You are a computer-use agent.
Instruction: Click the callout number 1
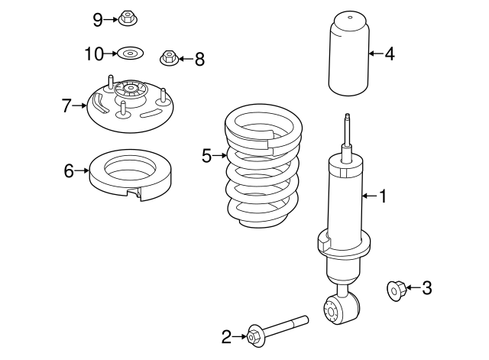point(383,196)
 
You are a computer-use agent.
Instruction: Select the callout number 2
point(226,335)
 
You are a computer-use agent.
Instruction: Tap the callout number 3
point(426,287)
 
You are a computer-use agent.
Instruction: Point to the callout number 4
point(389,54)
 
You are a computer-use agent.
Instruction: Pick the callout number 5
point(206,156)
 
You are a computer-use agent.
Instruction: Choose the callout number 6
point(69,170)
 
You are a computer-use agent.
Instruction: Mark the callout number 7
point(66,105)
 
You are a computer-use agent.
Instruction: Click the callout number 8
point(199,58)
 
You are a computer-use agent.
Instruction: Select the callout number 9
point(97,19)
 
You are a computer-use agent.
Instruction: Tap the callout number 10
point(93,54)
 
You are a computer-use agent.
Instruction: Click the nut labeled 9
point(127,18)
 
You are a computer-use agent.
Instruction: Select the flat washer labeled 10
point(130,54)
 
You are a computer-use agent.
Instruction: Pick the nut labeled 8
point(169,57)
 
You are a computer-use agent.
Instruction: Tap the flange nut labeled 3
point(397,289)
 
